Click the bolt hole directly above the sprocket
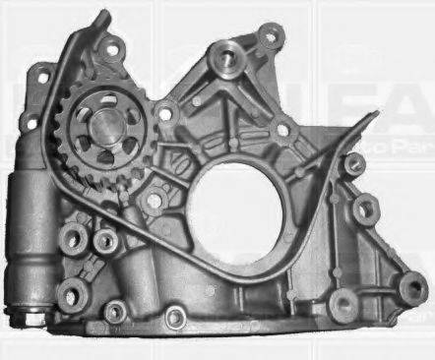(111, 48)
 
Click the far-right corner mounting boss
(411, 288)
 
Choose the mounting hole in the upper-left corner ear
(42, 74)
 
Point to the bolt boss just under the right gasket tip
(352, 164)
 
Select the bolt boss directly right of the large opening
(365, 209)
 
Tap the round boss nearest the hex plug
(71, 293)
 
